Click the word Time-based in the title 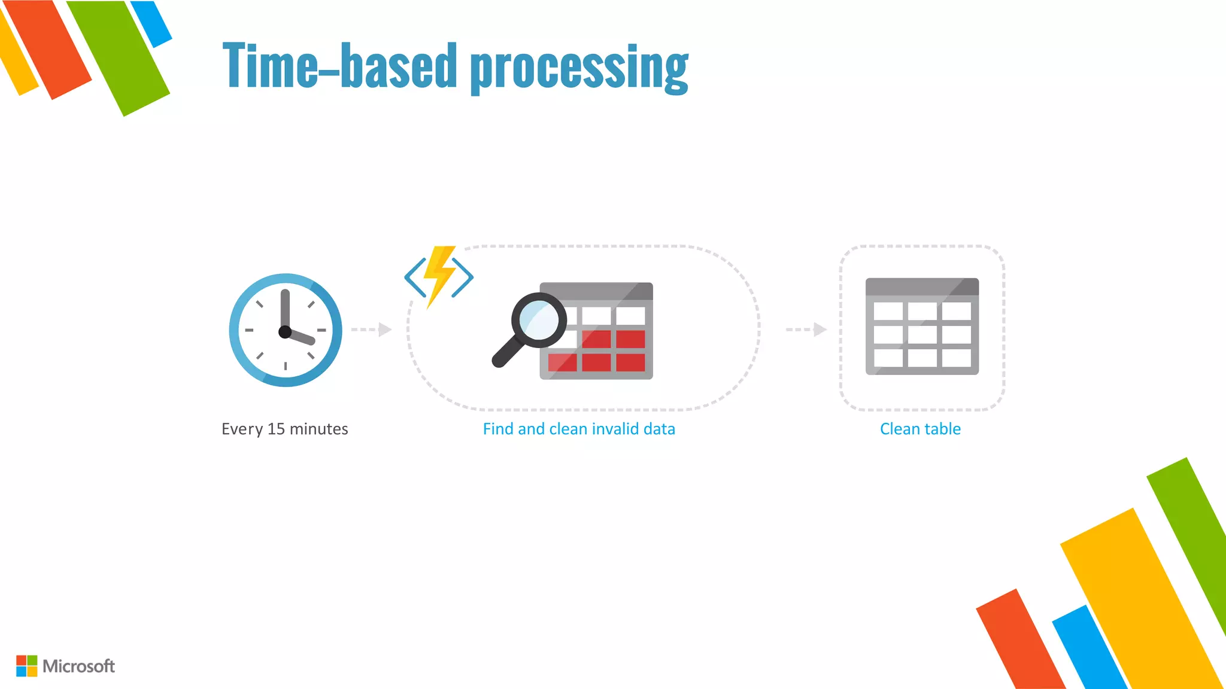[340, 66]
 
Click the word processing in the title [579, 69]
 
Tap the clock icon [286, 330]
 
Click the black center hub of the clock [285, 331]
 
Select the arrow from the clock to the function [372, 330]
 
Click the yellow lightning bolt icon [439, 275]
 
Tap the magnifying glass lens [539, 321]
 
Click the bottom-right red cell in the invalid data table [630, 362]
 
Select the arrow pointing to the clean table [806, 330]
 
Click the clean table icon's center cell [922, 334]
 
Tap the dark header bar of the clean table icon [922, 286]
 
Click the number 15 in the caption [276, 429]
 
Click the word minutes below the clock [318, 429]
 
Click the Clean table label [920, 429]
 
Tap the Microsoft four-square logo [26, 666]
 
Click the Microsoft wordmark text [78, 666]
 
